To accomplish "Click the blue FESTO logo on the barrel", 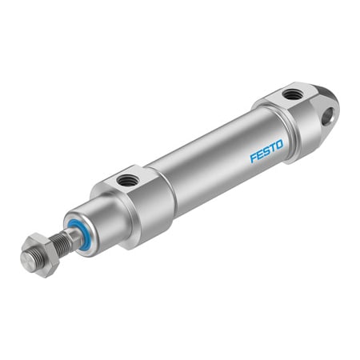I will (266, 151).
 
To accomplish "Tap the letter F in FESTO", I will (253, 158).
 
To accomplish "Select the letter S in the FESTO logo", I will (266, 151).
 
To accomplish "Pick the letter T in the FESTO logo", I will (272, 148).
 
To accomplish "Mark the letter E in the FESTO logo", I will (259, 154).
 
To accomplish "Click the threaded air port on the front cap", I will (126, 181).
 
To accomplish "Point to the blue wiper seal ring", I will (77, 234).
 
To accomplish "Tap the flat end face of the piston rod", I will (30, 260).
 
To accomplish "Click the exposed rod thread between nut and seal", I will (62, 242).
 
